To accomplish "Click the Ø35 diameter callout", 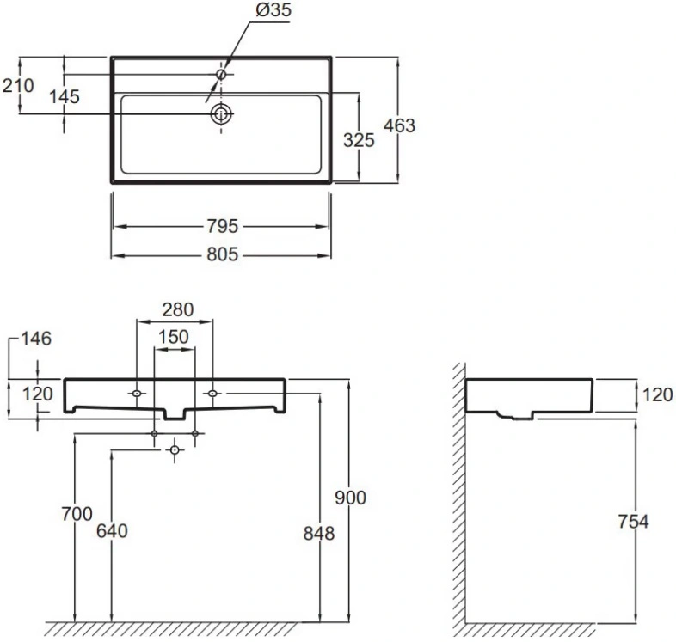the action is pos(273,9).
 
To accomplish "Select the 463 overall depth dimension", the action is pos(399,125).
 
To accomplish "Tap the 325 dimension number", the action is pos(359,140).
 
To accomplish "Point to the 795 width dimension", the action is pos(223,226).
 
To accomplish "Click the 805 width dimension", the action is pos(223,254).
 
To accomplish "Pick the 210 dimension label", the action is pos(18,86).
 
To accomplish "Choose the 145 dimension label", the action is pos(65,96).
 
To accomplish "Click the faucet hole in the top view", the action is pos(222,75).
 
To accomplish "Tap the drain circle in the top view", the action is pos(222,114).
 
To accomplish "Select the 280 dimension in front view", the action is pos(178,309).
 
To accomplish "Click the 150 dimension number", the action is pos(174,337).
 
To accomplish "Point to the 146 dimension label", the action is pos(36,339).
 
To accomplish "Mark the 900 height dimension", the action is pos(351,498).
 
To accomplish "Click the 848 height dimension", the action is pos(319,534).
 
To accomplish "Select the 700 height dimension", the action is pos(77,514).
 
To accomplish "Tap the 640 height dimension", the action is pos(112,531).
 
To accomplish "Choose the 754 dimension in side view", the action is pos(633,522).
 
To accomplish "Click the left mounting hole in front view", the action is pos(137,394).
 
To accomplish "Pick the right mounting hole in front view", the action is pos(212,394).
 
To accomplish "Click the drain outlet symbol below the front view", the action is pos(175,450).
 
